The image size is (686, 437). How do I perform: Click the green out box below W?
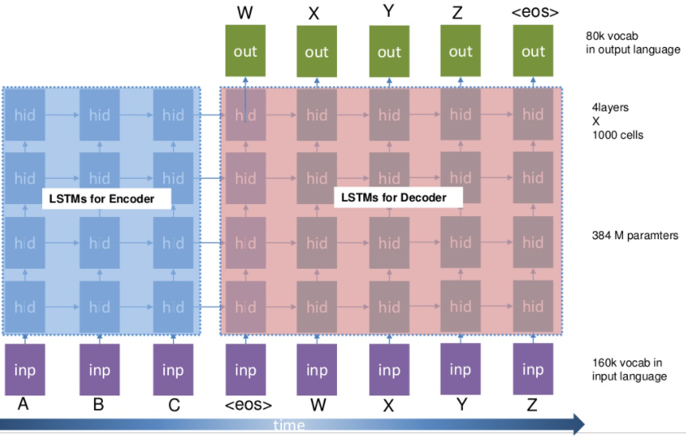coord(245,51)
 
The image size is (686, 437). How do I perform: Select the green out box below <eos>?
coord(533,51)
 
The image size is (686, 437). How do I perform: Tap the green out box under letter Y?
coord(389,51)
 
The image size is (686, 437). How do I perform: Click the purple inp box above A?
coord(25,369)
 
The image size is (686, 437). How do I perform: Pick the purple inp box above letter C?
coord(173,369)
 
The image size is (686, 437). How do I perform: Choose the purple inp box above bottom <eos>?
coord(245,369)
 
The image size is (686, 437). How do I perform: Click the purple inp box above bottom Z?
coord(533,369)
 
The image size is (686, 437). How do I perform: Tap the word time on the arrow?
coord(288,425)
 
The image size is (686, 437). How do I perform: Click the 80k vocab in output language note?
coord(633,42)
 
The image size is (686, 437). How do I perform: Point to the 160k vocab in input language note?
coord(629,369)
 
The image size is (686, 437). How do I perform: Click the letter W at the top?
coord(245,13)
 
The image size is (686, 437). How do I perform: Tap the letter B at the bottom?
coord(98,404)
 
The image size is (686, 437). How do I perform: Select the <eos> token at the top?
coord(534,13)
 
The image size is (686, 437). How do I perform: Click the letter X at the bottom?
coord(389,405)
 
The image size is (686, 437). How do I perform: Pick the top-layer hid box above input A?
coord(25,115)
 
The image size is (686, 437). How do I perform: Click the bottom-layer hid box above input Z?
coord(533,306)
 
